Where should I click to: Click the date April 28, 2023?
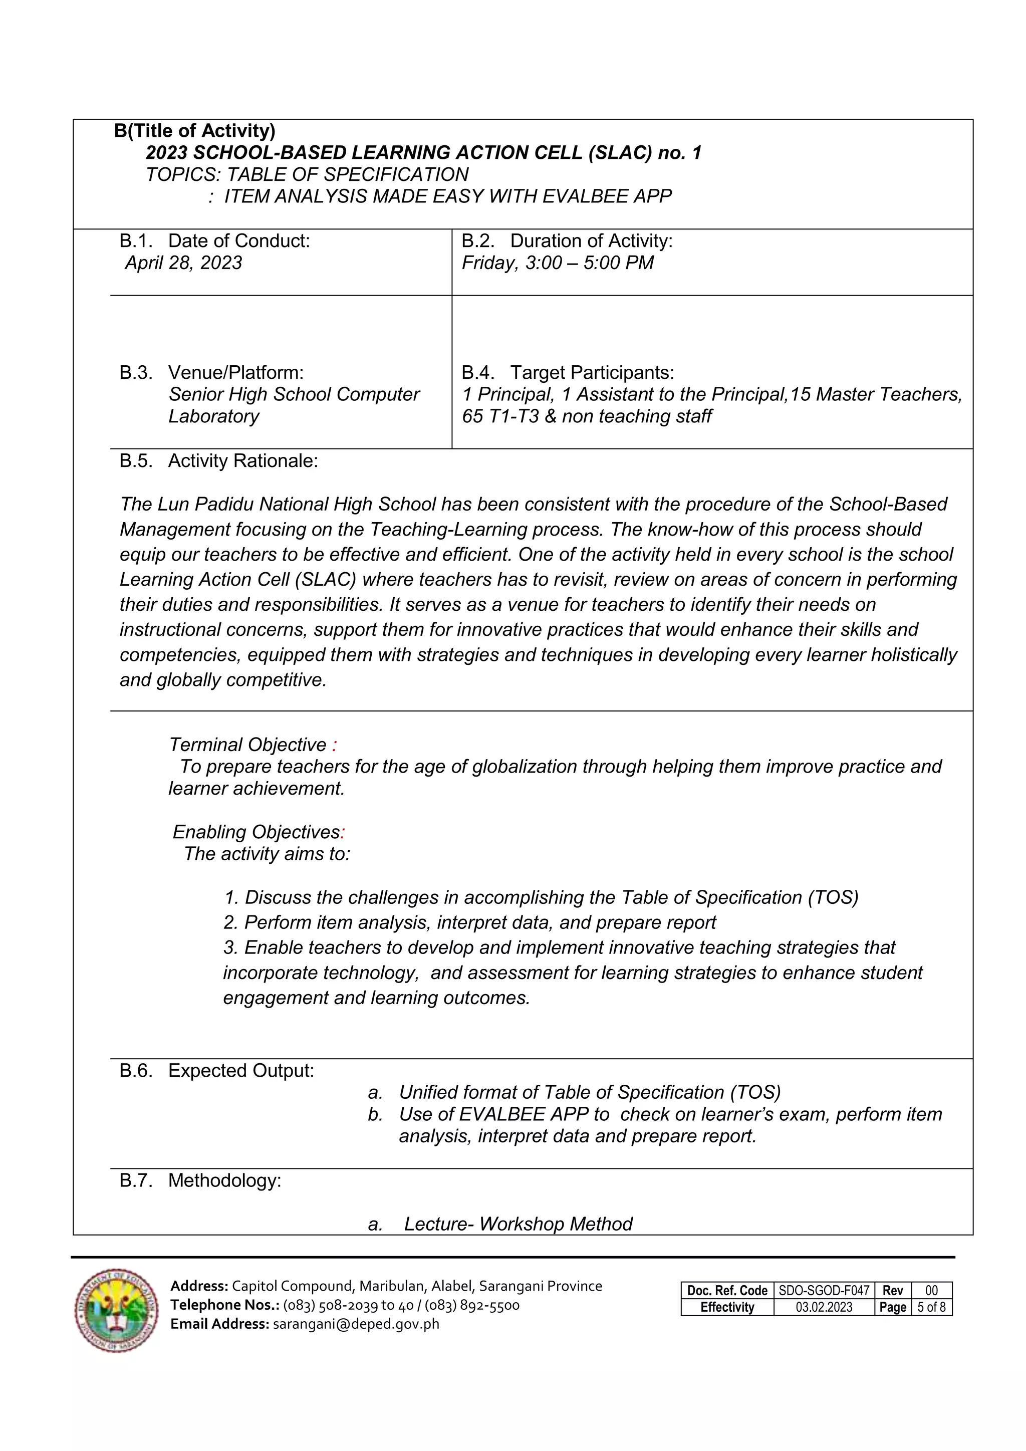183,263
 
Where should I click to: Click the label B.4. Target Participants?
567,372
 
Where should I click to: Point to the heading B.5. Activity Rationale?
218,461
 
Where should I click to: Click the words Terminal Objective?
247,745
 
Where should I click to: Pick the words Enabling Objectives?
256,832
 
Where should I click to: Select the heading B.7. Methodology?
200,1180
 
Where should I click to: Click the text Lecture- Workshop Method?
518,1224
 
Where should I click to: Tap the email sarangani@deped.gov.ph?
356,1324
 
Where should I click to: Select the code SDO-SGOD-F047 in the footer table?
824,1291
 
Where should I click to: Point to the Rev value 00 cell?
931,1291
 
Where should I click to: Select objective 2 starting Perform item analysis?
469,923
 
